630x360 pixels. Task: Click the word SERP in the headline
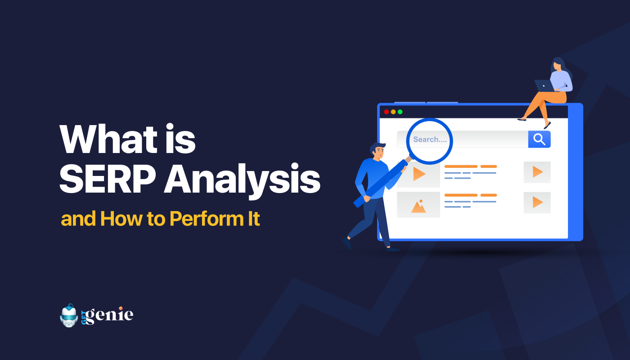(108, 179)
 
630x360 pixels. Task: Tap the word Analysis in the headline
(243, 180)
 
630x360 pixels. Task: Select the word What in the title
(108, 139)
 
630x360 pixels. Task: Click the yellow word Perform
(207, 219)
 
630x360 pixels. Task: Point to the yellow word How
(121, 219)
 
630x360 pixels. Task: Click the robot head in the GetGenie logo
(68, 315)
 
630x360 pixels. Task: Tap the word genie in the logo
(109, 315)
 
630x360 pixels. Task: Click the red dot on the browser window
(387, 112)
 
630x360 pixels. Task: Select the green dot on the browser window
(400, 112)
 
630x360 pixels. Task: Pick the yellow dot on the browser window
(393, 112)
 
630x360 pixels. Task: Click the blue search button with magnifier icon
(539, 139)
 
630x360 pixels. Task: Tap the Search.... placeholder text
(430, 139)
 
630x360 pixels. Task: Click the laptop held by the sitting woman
(544, 86)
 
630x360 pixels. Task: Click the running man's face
(379, 152)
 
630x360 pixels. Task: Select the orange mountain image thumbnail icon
(418, 206)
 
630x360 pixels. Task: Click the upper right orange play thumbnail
(537, 172)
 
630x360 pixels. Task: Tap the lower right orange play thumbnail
(537, 202)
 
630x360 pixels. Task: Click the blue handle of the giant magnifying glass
(381, 183)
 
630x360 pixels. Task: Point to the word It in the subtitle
(254, 219)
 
